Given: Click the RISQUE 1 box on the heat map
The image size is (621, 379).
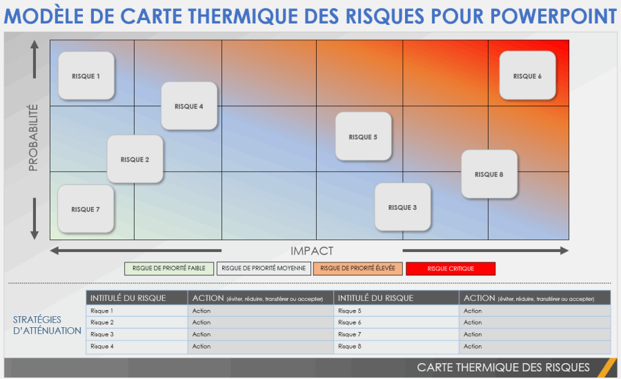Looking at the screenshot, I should [x=86, y=76].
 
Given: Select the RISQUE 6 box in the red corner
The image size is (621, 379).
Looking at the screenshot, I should [x=528, y=76].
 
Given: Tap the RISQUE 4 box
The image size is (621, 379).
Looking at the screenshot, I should [x=189, y=106].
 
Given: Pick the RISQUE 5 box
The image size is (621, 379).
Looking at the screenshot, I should [x=364, y=137].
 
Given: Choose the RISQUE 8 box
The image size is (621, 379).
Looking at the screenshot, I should [x=489, y=174].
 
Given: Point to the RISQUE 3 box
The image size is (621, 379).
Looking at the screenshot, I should [x=402, y=207].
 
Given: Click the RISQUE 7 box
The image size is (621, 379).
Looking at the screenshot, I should [x=86, y=209].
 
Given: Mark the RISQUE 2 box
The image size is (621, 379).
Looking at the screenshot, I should [x=135, y=159].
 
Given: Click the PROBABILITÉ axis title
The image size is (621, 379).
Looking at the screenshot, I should [x=34, y=138].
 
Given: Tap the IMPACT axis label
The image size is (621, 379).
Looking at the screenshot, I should [x=312, y=251].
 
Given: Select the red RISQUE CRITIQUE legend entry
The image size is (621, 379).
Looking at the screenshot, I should [x=451, y=269].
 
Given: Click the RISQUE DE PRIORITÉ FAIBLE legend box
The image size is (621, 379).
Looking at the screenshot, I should [x=170, y=269].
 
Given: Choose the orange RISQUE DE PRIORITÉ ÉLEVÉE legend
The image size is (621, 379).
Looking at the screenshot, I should [x=358, y=269].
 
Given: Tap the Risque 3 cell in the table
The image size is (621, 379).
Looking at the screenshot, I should [x=137, y=334].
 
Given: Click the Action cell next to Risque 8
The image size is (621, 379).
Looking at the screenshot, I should [x=535, y=346].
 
